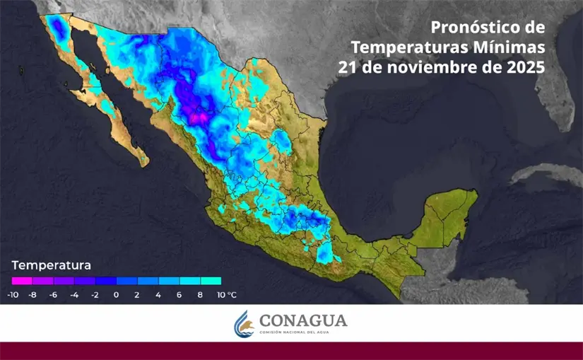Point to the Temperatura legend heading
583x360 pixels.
(x=51, y=266)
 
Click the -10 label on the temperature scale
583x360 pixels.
(x=13, y=294)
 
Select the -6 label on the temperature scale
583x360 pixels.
(x=53, y=294)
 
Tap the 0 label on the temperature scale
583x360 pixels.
(x=116, y=294)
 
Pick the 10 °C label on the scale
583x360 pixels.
(x=225, y=294)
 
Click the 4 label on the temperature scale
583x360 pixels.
(x=158, y=294)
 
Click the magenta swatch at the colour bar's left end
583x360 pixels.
(x=22, y=281)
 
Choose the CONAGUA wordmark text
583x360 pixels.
(x=303, y=321)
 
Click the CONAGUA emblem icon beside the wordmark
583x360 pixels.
(x=244, y=324)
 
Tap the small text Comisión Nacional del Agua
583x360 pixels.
(x=304, y=333)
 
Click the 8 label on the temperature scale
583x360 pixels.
(x=200, y=294)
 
